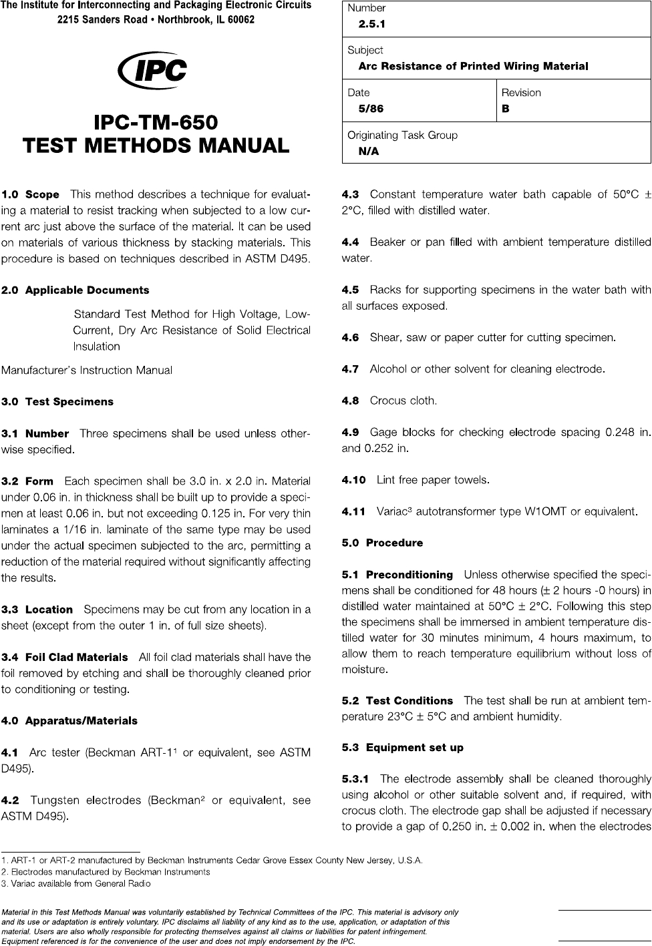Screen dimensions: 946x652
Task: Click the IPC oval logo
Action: click(x=152, y=70)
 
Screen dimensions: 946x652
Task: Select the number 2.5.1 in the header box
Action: click(x=371, y=25)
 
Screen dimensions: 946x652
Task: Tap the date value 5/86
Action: click(x=371, y=109)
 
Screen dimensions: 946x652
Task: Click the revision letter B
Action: click(x=506, y=109)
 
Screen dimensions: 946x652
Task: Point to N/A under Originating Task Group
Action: click(x=369, y=152)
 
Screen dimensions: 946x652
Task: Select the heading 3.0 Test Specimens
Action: click(x=58, y=402)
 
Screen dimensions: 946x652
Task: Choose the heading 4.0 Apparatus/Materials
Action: click(x=69, y=721)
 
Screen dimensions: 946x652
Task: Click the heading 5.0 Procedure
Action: click(x=382, y=543)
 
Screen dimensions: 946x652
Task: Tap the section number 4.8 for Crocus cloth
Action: click(x=350, y=401)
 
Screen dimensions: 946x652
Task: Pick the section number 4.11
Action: click(x=353, y=512)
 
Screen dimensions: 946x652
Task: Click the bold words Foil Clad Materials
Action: click(x=76, y=658)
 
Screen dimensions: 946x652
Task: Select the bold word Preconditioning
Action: click(x=410, y=575)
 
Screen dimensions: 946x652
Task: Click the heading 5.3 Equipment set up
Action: click(x=402, y=748)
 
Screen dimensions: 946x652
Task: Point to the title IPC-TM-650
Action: click(x=156, y=124)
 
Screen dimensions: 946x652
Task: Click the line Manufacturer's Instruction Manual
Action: click(x=87, y=370)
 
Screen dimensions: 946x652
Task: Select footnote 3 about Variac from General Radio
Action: click(x=76, y=884)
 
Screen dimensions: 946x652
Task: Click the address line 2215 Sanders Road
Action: click(x=156, y=19)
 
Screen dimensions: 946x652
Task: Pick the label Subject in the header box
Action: click(x=365, y=50)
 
